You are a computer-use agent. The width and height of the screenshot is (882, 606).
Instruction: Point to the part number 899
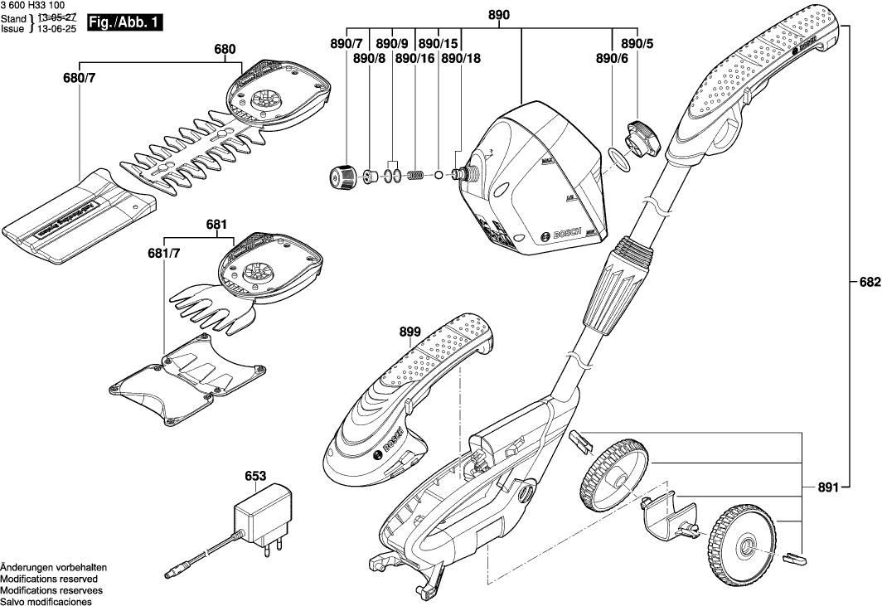(x=410, y=332)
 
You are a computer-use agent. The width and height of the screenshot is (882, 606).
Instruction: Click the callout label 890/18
(x=460, y=58)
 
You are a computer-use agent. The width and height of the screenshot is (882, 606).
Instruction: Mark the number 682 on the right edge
(x=869, y=282)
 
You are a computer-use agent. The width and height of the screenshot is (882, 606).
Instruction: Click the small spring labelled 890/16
(x=420, y=175)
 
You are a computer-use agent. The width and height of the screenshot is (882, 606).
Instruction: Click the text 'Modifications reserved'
(x=49, y=579)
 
